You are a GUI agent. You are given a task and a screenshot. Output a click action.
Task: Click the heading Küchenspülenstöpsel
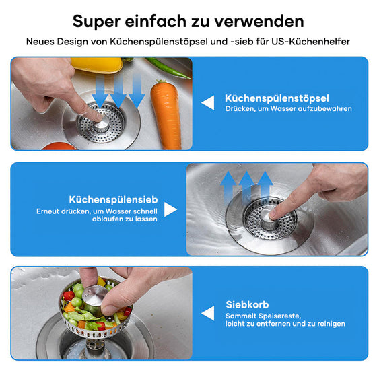277,98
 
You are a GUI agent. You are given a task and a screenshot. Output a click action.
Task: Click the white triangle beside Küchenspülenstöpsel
209,102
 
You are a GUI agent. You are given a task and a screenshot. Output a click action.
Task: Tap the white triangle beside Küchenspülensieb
170,209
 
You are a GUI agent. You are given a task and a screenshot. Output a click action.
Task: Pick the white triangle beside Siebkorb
208,314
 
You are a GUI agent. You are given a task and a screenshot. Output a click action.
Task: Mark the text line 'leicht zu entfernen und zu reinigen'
285,324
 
